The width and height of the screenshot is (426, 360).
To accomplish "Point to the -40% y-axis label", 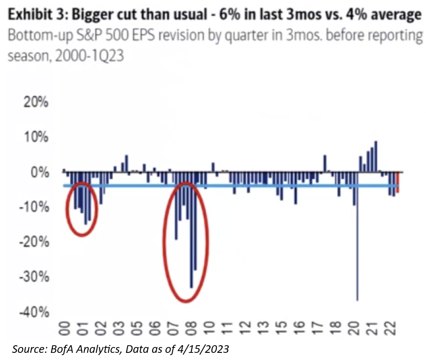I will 34,312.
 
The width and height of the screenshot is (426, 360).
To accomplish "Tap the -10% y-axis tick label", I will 34,207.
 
